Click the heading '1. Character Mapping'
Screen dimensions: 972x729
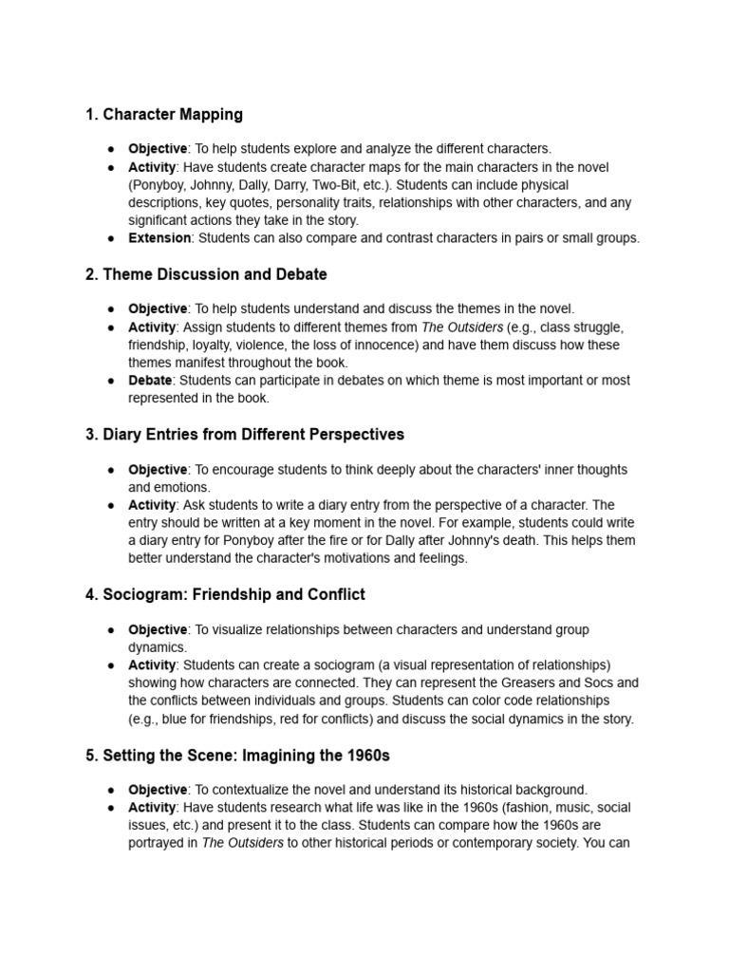163,115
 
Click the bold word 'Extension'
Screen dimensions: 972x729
159,238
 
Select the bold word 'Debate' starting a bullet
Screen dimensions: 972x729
151,381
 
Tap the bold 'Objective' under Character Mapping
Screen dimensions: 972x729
158,149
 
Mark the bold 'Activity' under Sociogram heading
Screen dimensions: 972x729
152,665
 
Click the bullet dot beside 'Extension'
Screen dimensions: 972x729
111,238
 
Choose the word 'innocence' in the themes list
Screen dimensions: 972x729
392,346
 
